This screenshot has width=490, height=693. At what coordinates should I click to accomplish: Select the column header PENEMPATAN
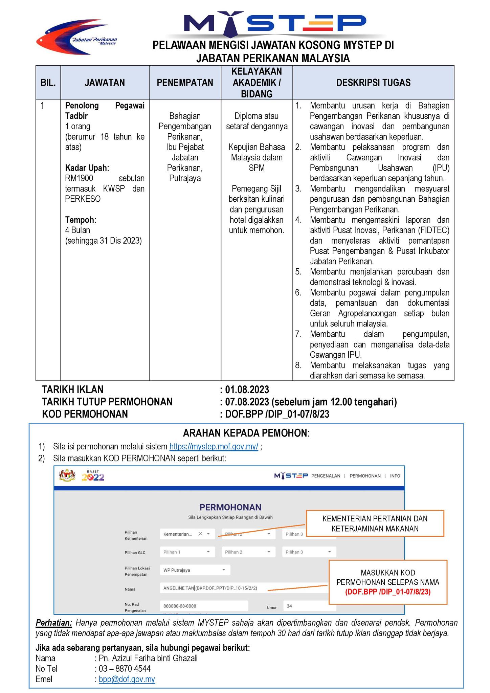(x=185, y=83)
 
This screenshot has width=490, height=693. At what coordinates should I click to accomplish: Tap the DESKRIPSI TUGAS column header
(x=373, y=83)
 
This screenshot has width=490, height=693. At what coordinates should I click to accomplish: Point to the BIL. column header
(x=48, y=83)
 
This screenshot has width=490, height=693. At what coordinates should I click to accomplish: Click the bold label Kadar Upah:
(x=87, y=168)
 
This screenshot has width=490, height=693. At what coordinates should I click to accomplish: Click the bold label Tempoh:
(x=81, y=220)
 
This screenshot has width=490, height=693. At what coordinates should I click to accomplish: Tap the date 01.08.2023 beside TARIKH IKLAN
(x=247, y=390)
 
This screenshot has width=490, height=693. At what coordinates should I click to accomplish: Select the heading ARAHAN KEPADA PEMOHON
(x=246, y=433)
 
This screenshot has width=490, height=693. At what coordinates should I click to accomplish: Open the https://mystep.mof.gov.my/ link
(x=214, y=447)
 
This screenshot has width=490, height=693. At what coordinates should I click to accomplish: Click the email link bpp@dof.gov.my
(x=127, y=679)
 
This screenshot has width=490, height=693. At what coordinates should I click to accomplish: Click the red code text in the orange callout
(x=388, y=592)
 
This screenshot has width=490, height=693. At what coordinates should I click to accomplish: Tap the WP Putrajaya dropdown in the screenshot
(x=195, y=570)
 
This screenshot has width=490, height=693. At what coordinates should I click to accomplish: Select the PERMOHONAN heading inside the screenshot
(x=230, y=507)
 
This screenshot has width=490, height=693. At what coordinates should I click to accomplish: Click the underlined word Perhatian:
(x=54, y=623)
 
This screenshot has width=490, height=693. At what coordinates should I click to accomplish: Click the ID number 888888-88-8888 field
(x=203, y=606)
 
